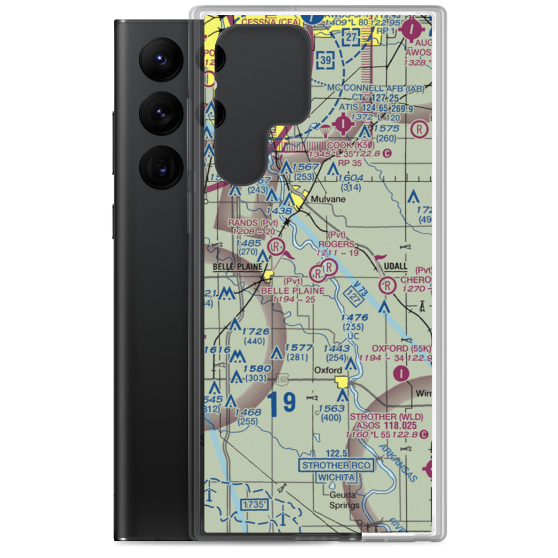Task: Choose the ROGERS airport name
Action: [x=336, y=244]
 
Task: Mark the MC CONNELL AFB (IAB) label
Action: [x=376, y=88]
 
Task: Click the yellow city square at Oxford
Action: [x=341, y=382]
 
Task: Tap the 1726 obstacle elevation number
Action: [x=256, y=331]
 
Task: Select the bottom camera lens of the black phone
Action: [x=160, y=166]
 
